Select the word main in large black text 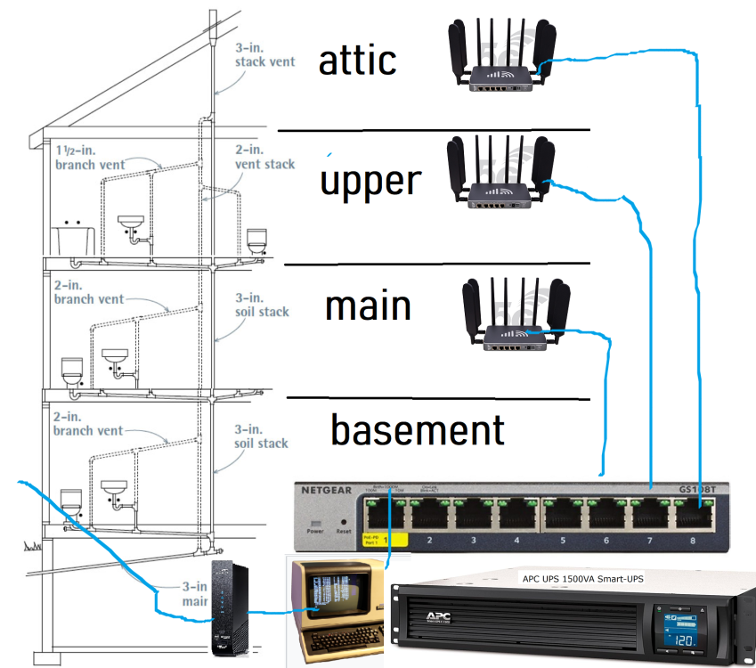tap(368, 306)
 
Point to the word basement tap(418, 430)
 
